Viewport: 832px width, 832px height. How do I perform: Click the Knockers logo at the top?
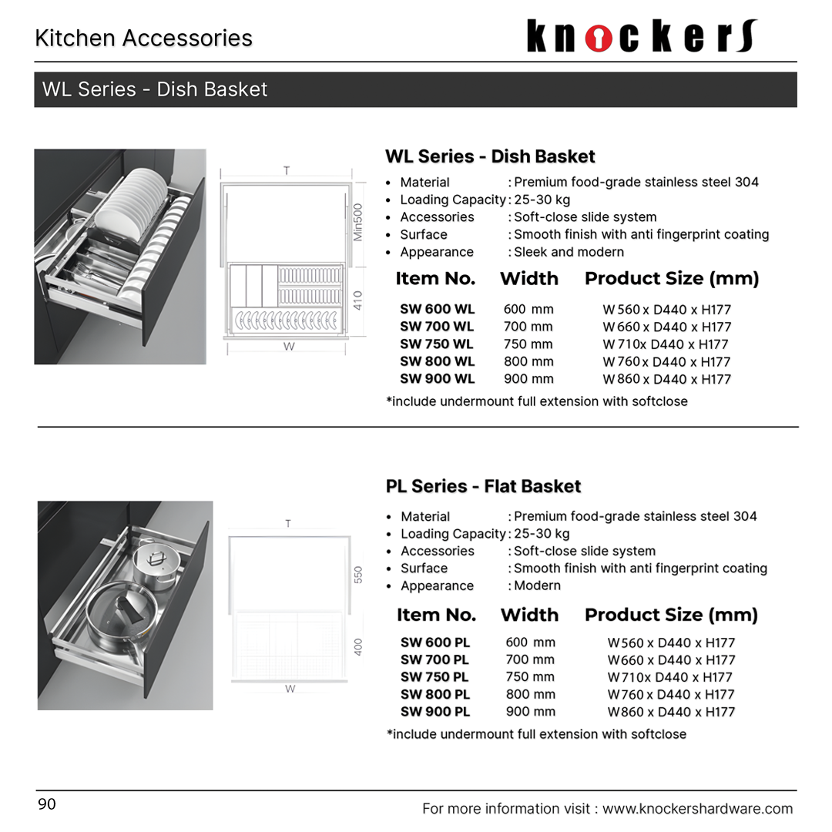point(642,37)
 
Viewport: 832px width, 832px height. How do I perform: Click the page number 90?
point(47,805)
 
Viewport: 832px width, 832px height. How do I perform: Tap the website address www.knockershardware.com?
point(697,808)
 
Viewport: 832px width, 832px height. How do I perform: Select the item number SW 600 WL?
point(437,309)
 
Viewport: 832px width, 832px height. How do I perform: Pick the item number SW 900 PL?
point(434,712)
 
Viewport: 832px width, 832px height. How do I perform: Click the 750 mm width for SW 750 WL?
point(528,344)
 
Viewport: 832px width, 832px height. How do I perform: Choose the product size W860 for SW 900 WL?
point(667,379)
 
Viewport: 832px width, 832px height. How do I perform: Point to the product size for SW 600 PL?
point(671,642)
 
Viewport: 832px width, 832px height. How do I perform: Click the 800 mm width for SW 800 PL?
point(530,694)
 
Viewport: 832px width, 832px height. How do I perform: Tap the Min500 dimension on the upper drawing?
point(357,222)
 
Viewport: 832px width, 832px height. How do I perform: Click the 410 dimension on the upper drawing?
point(357,300)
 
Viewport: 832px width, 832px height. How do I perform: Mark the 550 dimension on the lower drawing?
point(358,575)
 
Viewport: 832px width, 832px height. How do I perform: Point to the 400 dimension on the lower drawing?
point(358,646)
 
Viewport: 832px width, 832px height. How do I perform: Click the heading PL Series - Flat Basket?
point(483,486)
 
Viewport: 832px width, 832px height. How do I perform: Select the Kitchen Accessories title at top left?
point(143,38)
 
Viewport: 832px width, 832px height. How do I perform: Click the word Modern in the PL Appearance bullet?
point(537,585)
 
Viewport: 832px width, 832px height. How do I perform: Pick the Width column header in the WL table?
point(528,279)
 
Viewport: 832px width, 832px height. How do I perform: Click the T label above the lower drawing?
point(288,524)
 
